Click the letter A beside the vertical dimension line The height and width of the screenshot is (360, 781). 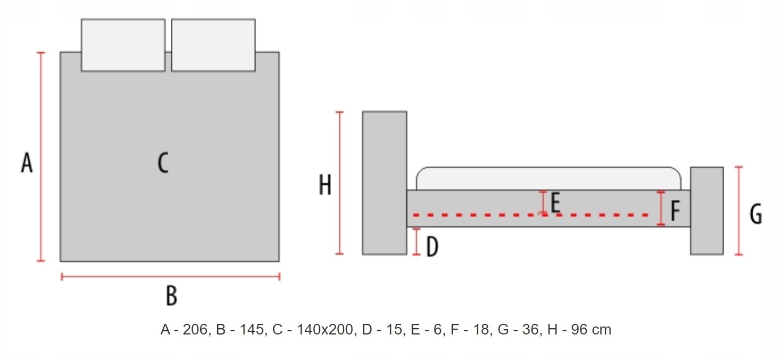point(27,162)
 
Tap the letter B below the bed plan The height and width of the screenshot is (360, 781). point(171,296)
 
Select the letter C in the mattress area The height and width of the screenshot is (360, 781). point(163,162)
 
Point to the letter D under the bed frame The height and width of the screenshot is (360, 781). point(433,247)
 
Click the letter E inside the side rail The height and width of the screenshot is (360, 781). point(555,203)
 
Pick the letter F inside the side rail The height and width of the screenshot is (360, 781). point(675,211)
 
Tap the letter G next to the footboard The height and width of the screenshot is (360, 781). point(756,214)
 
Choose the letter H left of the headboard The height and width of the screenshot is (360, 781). point(325,185)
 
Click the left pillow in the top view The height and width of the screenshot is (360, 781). point(123,45)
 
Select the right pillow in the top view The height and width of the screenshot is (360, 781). point(213,45)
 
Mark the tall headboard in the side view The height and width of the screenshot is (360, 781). point(385,183)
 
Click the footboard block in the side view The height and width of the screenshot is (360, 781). point(707,211)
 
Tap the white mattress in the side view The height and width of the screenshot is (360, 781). point(549,179)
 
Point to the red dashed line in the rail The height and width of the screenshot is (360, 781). point(530,215)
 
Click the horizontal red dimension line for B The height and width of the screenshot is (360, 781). point(170,277)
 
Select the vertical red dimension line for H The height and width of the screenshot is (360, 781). point(339,183)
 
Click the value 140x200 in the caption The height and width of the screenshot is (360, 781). point(325,330)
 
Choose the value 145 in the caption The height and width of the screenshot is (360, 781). point(252,330)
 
